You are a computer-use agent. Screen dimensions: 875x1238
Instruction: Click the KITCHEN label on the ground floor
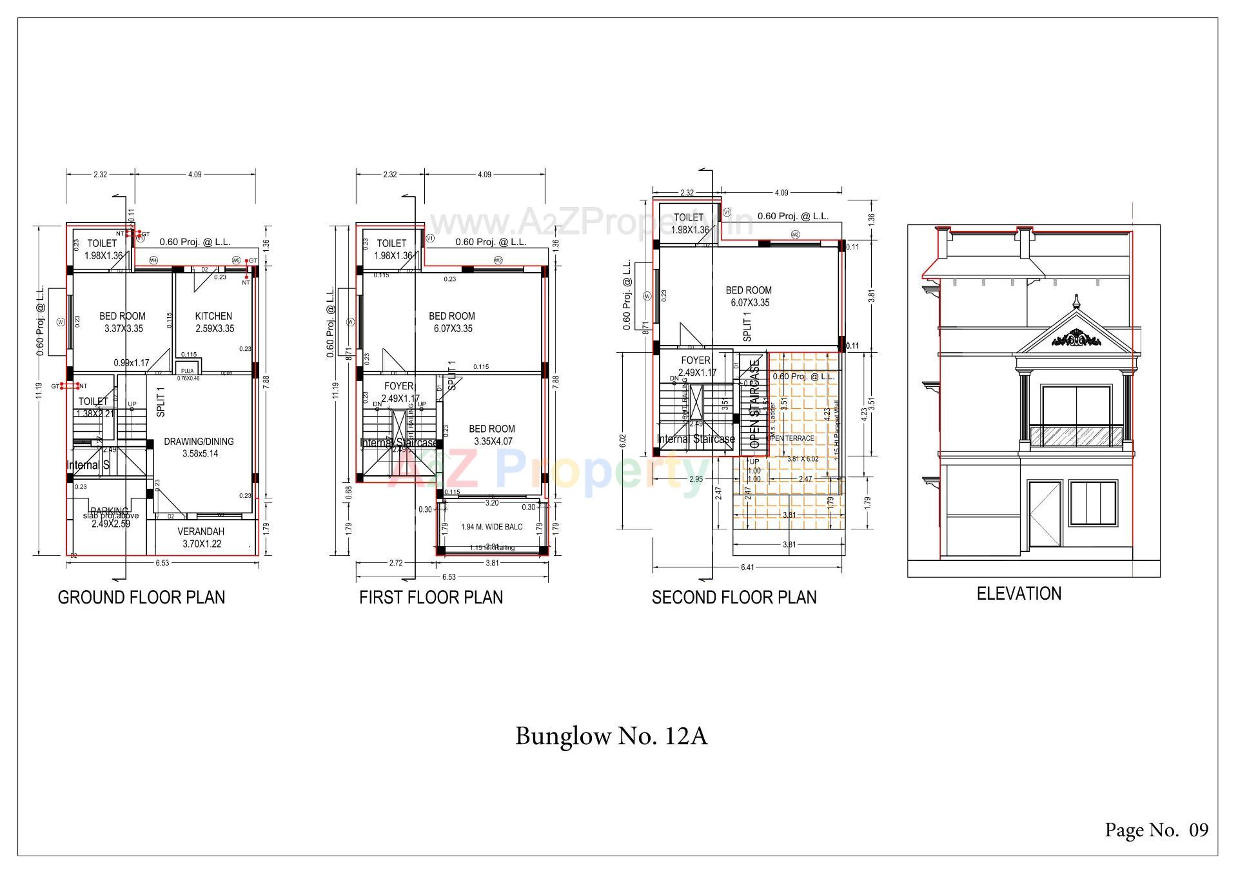coord(213,316)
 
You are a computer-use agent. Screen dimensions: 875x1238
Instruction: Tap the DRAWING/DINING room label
coord(199,442)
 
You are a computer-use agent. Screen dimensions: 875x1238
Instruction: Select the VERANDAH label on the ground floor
coord(201,532)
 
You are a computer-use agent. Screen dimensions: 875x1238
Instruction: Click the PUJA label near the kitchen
coord(188,371)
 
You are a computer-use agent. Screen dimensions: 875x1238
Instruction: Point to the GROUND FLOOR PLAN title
coord(141,597)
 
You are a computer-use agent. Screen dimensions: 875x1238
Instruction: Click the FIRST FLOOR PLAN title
coord(431,597)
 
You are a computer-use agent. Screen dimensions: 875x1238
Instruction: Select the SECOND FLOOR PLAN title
coord(734,597)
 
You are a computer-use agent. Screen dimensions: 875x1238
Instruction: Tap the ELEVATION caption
coord(1019,593)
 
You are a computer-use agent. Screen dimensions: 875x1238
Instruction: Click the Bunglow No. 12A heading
coord(611,736)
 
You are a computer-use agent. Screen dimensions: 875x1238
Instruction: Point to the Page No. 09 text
coord(1157,830)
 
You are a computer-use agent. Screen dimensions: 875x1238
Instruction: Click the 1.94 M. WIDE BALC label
coord(491,527)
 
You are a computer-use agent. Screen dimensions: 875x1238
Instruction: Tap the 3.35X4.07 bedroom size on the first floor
coord(492,442)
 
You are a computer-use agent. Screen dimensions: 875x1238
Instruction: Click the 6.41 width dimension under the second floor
coord(747,567)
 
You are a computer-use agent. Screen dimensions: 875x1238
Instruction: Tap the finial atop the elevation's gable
coord(1076,301)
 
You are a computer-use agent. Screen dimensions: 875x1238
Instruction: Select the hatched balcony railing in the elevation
coord(1076,437)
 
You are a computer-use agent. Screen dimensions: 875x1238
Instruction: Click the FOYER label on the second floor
coord(695,360)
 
